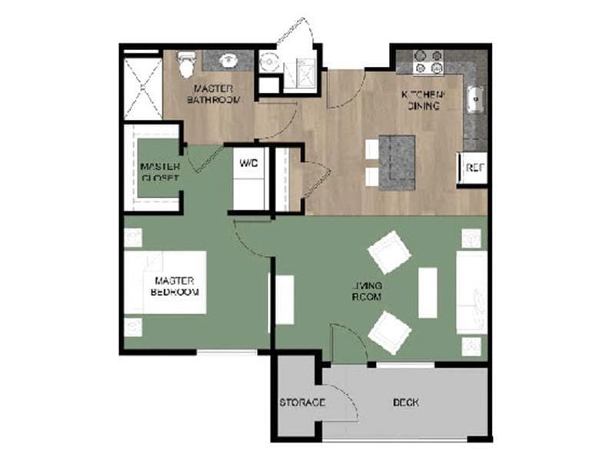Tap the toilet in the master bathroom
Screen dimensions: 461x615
pyautogui.click(x=186, y=65)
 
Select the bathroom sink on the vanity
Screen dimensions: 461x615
pyautogui.click(x=228, y=59)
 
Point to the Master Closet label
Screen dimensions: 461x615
pyautogui.click(x=160, y=172)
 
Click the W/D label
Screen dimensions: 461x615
pyautogui.click(x=248, y=164)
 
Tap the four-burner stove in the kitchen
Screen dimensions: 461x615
pyautogui.click(x=429, y=61)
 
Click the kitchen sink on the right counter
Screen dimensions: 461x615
pyautogui.click(x=476, y=98)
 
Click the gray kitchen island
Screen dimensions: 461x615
pyautogui.click(x=397, y=161)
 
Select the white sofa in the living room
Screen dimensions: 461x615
pyautogui.click(x=470, y=292)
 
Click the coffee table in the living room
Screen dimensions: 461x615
pyautogui.click(x=427, y=291)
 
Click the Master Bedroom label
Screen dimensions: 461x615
pyautogui.click(x=177, y=286)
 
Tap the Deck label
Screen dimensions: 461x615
pyautogui.click(x=405, y=403)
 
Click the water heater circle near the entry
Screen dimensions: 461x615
pyautogui.click(x=268, y=63)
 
